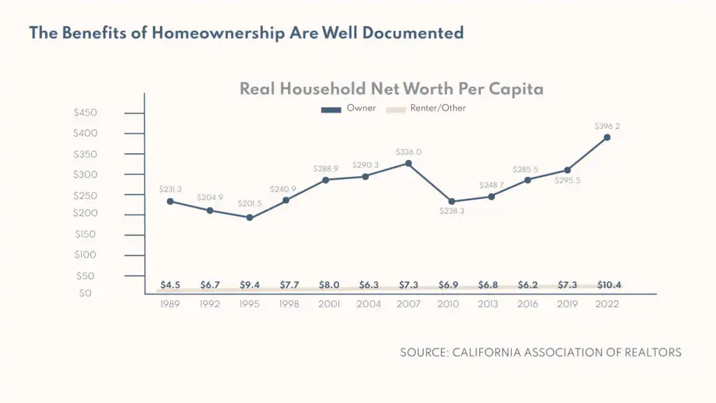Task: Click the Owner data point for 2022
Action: point(607,137)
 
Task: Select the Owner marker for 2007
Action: point(408,164)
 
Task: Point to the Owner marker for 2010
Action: point(451,201)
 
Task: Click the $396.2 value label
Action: point(607,127)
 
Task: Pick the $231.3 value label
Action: point(171,189)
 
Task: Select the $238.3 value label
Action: point(452,211)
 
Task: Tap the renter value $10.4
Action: point(609,285)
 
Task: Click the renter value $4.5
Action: point(171,285)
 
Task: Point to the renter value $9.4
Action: point(250,285)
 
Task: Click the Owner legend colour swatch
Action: point(331,109)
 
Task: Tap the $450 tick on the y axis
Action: point(85,113)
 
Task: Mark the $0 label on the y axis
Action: point(85,294)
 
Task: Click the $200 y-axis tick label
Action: point(85,213)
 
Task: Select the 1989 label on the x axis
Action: point(171,304)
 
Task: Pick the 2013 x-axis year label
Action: point(489,304)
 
